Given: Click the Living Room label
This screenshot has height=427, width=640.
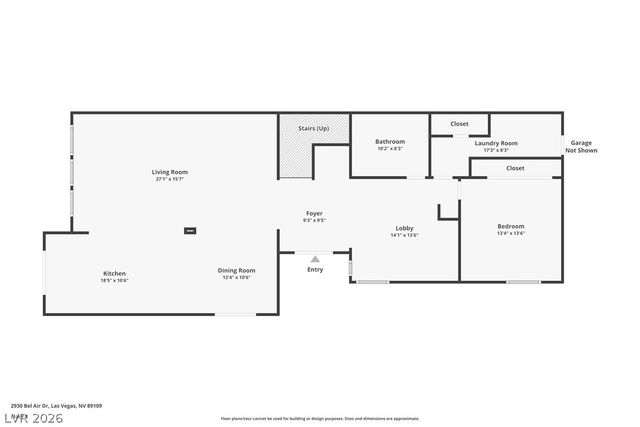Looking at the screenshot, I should click(170, 172).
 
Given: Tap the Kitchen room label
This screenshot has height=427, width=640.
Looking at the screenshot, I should click(114, 273).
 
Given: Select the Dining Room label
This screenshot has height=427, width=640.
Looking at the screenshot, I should click(237, 269).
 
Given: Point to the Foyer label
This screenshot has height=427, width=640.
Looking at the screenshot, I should click(315, 213).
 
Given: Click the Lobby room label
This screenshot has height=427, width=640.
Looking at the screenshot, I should click(404, 228).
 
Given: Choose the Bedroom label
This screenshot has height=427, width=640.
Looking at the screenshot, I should click(511, 226).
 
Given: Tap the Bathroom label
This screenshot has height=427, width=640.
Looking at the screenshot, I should click(390, 141).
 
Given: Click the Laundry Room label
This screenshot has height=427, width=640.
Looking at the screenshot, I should click(496, 143).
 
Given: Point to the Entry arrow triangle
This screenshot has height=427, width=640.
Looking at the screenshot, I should click(315, 259).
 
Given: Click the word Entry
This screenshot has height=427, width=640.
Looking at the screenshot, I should click(315, 269).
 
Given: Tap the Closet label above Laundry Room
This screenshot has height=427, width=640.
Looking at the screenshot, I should click(459, 123).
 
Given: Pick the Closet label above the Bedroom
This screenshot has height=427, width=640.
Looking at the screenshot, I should click(515, 168).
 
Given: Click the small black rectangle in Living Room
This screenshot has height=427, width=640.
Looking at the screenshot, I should click(189, 231).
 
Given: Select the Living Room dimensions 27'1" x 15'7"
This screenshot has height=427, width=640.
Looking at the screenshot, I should click(170, 179).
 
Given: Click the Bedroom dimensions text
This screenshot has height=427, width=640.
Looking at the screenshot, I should click(511, 234).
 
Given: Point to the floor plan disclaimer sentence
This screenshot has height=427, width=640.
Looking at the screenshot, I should click(320, 419).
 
